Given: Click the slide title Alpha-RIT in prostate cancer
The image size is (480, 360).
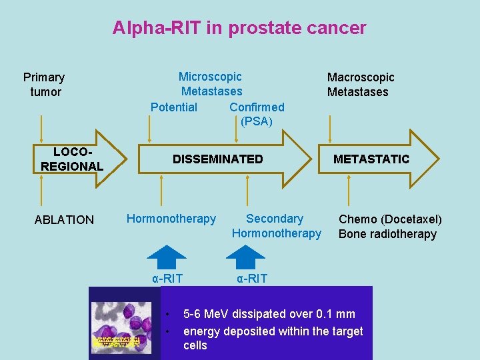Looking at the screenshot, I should pyautogui.click(x=239, y=28).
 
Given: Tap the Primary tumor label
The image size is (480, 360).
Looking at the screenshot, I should pyautogui.click(x=44, y=85).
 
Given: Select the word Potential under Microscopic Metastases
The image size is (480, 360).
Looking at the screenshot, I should pyautogui.click(x=174, y=107).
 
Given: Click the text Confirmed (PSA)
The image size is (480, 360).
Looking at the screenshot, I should pyautogui.click(x=257, y=114).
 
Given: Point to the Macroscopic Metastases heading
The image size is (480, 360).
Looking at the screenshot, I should pyautogui.click(x=360, y=85).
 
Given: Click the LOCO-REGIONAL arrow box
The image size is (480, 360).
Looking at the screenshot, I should pyautogui.click(x=72, y=159).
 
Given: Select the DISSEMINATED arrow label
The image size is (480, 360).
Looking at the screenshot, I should pyautogui.click(x=218, y=159).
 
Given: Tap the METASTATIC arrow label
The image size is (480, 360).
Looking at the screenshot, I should pyautogui.click(x=371, y=159).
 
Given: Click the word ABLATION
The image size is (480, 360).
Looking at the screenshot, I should pyautogui.click(x=64, y=220).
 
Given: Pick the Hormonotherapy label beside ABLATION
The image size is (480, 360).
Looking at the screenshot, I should pyautogui.click(x=171, y=219).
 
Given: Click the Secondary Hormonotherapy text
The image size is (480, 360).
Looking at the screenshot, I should pyautogui.click(x=276, y=226).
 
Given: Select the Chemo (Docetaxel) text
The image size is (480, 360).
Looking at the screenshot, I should pyautogui.click(x=390, y=219).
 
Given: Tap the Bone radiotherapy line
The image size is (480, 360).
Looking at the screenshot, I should pyautogui.click(x=387, y=234).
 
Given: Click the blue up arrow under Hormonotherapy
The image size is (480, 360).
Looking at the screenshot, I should pyautogui.click(x=166, y=257).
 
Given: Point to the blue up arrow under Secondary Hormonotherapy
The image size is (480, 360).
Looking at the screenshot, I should pyautogui.click(x=246, y=257).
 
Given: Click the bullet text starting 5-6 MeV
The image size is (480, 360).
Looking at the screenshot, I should pyautogui.click(x=269, y=314).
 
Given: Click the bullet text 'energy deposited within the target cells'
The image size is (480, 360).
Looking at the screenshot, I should pyautogui.click(x=273, y=338).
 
